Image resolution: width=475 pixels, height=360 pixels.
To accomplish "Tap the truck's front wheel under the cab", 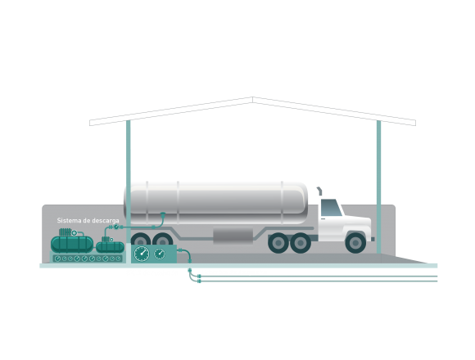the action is (x=355, y=243).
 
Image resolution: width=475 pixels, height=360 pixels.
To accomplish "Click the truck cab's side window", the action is (x=331, y=208).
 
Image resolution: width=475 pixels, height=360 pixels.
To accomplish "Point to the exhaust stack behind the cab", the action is (x=319, y=191).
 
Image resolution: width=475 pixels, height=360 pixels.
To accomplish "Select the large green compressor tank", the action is (x=72, y=245).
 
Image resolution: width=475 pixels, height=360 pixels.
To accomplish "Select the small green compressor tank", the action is (x=111, y=247).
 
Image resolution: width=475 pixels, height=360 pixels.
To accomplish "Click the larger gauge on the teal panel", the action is (x=142, y=254).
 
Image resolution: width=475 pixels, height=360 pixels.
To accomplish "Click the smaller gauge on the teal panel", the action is (x=160, y=254).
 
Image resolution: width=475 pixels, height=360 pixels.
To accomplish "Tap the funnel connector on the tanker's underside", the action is (x=163, y=215).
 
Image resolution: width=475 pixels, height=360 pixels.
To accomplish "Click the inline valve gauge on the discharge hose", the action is (x=116, y=227).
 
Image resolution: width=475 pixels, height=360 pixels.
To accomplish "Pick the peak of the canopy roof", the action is (x=252, y=97).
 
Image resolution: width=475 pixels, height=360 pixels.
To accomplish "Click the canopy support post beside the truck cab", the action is (x=378, y=187).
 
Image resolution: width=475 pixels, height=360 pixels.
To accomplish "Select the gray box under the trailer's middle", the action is (x=233, y=236).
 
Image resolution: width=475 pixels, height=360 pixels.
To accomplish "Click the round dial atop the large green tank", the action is (x=74, y=233).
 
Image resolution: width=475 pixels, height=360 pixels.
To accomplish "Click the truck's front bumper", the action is (x=373, y=239).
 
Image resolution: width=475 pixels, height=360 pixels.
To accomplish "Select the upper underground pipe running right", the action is (x=318, y=277).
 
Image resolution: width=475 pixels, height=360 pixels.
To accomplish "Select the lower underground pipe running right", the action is (x=318, y=281).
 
